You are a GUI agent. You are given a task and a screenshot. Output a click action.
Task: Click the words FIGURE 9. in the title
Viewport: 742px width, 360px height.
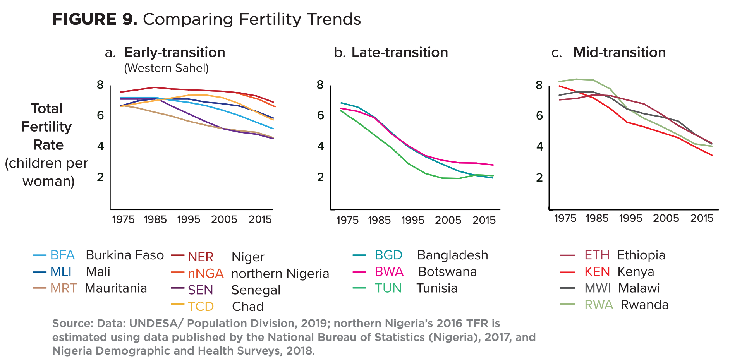click(x=95, y=19)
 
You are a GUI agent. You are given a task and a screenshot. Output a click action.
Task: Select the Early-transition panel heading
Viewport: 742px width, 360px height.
click(x=175, y=53)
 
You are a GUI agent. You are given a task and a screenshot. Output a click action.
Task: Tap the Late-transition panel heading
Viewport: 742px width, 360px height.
click(x=400, y=53)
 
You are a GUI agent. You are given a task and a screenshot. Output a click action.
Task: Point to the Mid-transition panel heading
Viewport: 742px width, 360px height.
click(x=620, y=53)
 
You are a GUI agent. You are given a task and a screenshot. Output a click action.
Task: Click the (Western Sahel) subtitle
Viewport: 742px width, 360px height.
click(x=167, y=69)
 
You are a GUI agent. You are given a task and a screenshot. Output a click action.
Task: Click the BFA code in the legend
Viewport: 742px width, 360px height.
click(x=62, y=255)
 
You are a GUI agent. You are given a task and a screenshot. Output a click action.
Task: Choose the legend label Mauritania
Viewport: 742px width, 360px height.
click(x=116, y=288)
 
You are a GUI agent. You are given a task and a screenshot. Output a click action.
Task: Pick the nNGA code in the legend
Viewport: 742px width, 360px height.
click(x=206, y=274)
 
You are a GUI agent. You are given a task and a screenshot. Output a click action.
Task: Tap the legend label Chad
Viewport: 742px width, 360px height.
click(x=248, y=307)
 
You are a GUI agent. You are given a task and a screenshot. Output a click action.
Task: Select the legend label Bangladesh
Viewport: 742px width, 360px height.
click(x=452, y=255)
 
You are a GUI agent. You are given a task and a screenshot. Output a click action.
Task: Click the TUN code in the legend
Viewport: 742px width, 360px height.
click(x=388, y=288)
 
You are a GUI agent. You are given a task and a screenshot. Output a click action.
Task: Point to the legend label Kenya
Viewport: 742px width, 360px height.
click(x=636, y=272)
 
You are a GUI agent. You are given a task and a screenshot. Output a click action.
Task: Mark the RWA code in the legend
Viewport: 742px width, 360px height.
click(x=599, y=305)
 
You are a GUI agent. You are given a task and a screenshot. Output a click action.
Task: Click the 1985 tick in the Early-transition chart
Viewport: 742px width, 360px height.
click(x=155, y=220)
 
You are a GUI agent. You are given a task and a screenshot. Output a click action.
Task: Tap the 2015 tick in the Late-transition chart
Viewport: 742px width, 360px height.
click(x=484, y=221)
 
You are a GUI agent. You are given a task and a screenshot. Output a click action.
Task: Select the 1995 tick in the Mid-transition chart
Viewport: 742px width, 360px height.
click(x=630, y=219)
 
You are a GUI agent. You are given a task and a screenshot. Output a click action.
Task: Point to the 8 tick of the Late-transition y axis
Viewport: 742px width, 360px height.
click(x=320, y=85)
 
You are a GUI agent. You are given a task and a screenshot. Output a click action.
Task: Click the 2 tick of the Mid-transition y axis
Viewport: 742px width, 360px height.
click(x=539, y=178)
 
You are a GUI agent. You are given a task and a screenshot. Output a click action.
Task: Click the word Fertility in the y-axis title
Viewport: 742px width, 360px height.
click(x=46, y=127)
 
